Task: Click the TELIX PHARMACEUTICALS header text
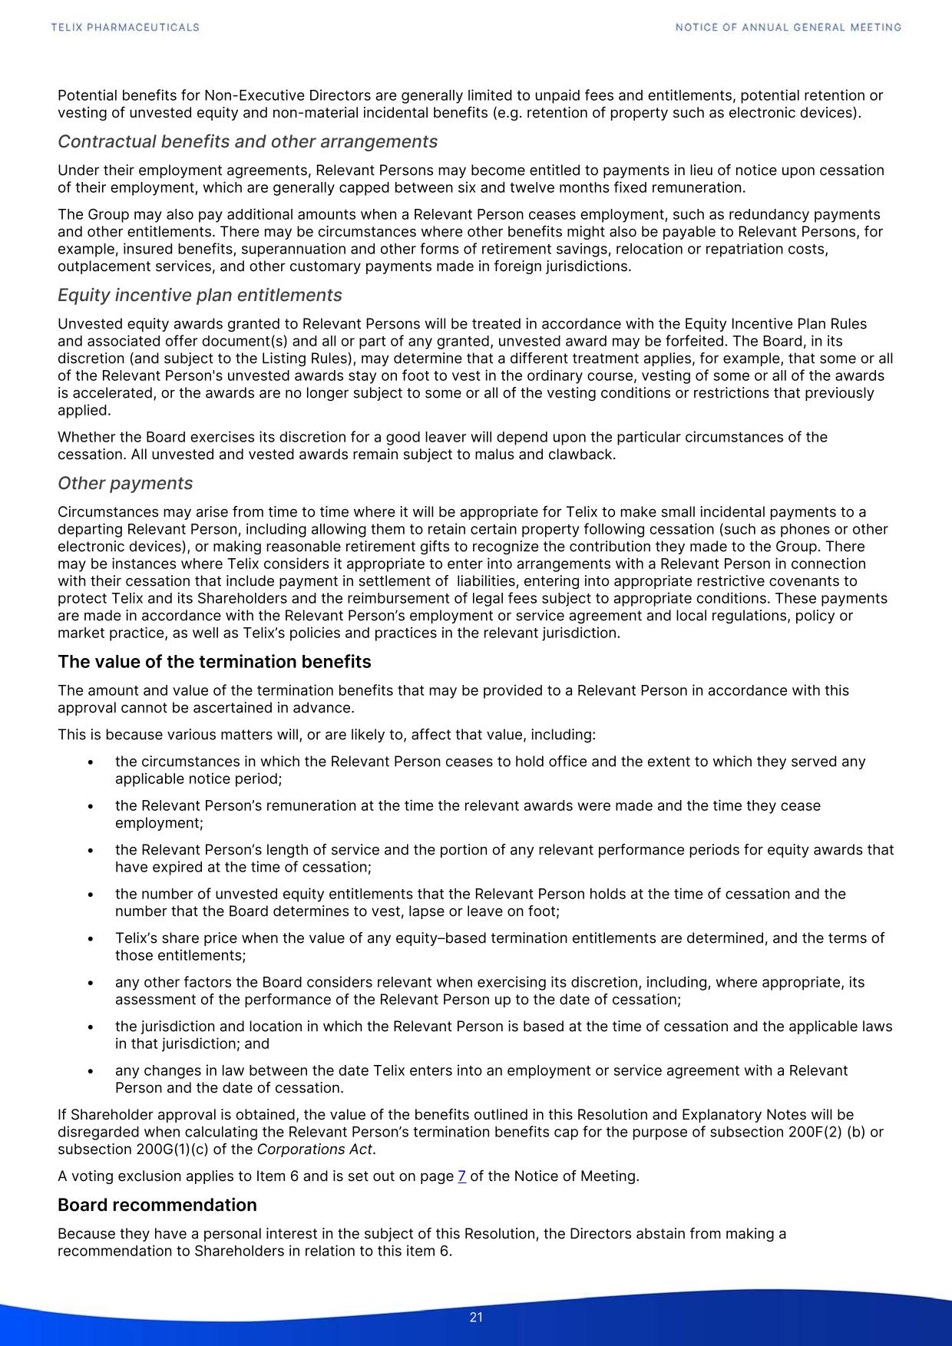(125, 28)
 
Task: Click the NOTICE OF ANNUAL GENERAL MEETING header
(788, 28)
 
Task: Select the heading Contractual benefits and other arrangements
(247, 142)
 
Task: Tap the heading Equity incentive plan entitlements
(200, 296)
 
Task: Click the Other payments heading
(125, 484)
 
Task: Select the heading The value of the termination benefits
(214, 662)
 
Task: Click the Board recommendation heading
(157, 1205)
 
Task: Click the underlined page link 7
(461, 1176)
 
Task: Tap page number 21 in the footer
(476, 1318)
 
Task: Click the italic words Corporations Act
(315, 1149)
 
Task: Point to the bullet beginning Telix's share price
(499, 938)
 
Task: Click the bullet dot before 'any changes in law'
(91, 1071)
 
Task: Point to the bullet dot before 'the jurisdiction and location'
(91, 1027)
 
